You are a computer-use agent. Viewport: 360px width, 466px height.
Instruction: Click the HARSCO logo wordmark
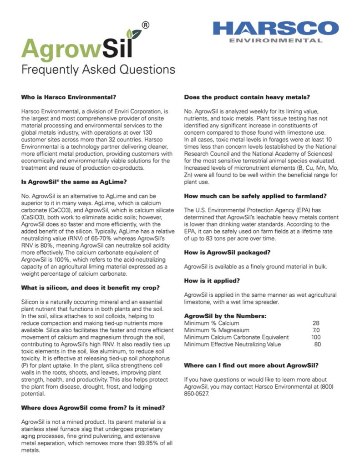pos(276,28)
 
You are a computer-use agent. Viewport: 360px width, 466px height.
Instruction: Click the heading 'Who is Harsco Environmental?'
pos(69,97)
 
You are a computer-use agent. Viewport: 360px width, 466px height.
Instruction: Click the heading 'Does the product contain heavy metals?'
pos(247,97)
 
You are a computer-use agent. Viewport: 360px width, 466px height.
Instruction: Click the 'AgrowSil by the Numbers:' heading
pos(225,316)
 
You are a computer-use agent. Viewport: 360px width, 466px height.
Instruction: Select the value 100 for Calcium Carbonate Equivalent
pos(315,337)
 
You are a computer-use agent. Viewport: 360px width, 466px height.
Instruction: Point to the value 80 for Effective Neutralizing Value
pos(317,344)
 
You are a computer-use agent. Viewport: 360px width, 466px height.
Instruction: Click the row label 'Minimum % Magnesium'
pos(217,330)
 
